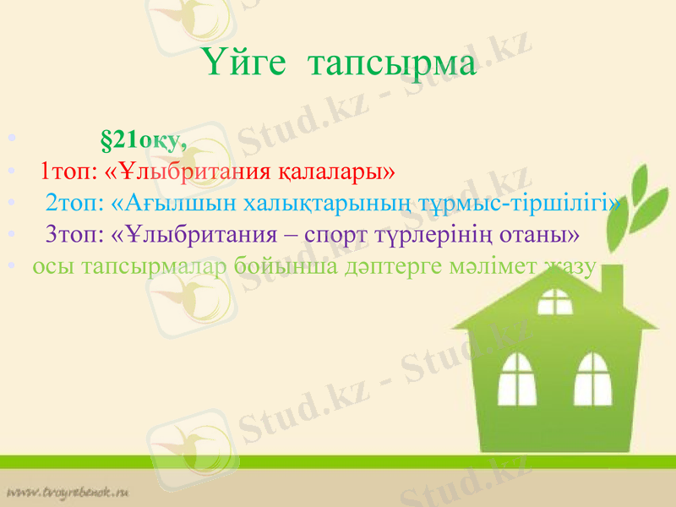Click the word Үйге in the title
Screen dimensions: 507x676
(x=245, y=63)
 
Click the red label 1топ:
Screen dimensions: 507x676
(x=71, y=172)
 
